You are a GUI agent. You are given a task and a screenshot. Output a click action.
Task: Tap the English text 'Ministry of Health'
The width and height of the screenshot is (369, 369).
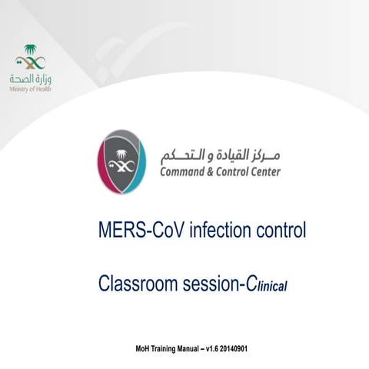click(x=31, y=89)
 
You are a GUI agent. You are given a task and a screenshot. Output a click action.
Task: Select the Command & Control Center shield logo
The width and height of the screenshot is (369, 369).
click(x=122, y=162)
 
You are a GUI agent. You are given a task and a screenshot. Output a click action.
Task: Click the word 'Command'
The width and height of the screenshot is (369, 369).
click(x=184, y=171)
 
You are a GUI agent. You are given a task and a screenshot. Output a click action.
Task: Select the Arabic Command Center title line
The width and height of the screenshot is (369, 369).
click(x=219, y=153)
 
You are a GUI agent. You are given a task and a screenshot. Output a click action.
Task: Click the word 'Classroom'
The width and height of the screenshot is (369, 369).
click(x=138, y=284)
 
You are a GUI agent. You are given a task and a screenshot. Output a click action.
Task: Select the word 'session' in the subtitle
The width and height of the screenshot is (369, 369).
click(x=208, y=284)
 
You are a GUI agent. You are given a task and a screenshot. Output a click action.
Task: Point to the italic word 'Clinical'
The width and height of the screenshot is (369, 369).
click(x=265, y=285)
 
